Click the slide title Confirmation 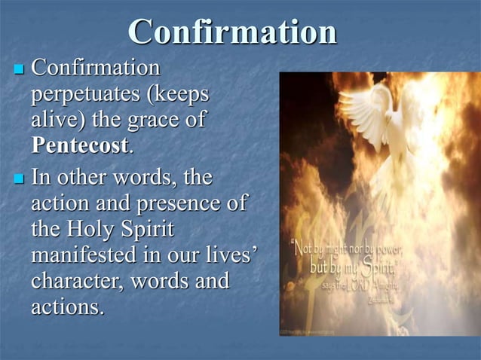point(232,32)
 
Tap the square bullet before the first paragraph point(20,70)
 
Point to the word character point(76,280)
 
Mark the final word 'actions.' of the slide point(68,307)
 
